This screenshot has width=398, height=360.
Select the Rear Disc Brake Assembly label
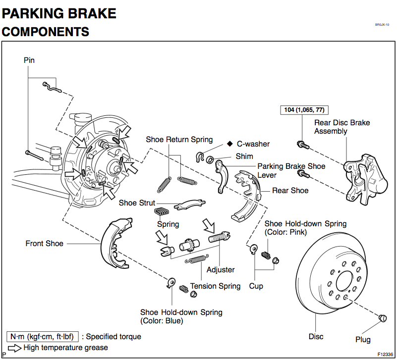tap(342, 127)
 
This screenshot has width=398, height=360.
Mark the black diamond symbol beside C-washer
tap(230, 144)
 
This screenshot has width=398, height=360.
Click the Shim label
tap(244, 156)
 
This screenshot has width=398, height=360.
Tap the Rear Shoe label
tap(290, 191)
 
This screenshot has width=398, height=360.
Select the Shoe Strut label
tap(137, 203)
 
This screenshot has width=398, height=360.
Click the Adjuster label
tap(221, 270)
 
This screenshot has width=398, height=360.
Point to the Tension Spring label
tap(215, 286)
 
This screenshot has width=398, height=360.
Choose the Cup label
tap(256, 286)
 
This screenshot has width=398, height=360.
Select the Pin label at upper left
tap(29, 60)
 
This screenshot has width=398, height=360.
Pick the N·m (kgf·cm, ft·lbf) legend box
tap(42, 337)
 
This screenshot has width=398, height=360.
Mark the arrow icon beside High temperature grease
tap(15, 348)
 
